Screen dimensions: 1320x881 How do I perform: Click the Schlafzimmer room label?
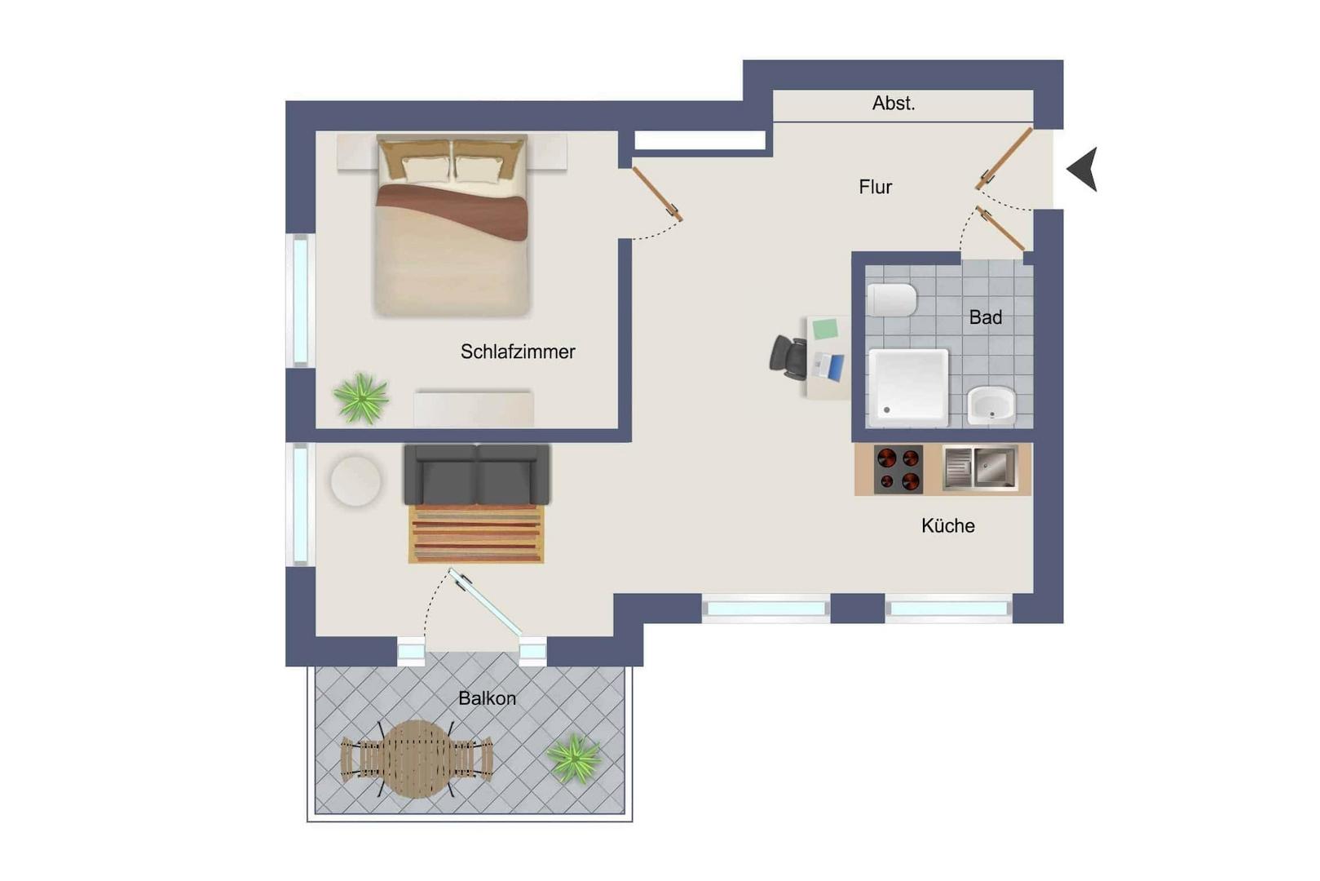coord(518,352)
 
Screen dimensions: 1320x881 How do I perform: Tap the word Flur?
coord(875,188)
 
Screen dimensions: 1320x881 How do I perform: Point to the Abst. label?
coord(894,104)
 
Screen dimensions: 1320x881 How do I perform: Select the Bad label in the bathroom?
coord(985,318)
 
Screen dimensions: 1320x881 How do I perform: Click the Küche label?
coord(947,525)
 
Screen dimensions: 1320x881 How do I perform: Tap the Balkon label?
coord(487,698)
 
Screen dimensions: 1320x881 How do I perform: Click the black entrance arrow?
coord(1083,169)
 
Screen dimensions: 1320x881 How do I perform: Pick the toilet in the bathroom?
coord(892,300)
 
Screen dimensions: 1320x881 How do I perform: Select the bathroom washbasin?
coord(991,405)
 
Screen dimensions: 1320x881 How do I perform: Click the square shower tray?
coord(909,387)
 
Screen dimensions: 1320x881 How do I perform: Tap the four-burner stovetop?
coord(898,469)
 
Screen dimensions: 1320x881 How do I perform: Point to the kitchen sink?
coord(981,468)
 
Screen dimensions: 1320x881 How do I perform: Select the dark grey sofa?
coord(477,475)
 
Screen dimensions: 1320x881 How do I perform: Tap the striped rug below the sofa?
coord(476,533)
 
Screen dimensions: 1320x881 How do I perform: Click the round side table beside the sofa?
coord(355,481)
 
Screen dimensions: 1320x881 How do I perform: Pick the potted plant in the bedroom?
coord(361,398)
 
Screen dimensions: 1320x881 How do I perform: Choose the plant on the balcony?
coord(573,759)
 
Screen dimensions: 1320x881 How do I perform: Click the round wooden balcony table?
coord(417,759)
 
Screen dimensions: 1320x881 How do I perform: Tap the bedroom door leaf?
coord(658,195)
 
